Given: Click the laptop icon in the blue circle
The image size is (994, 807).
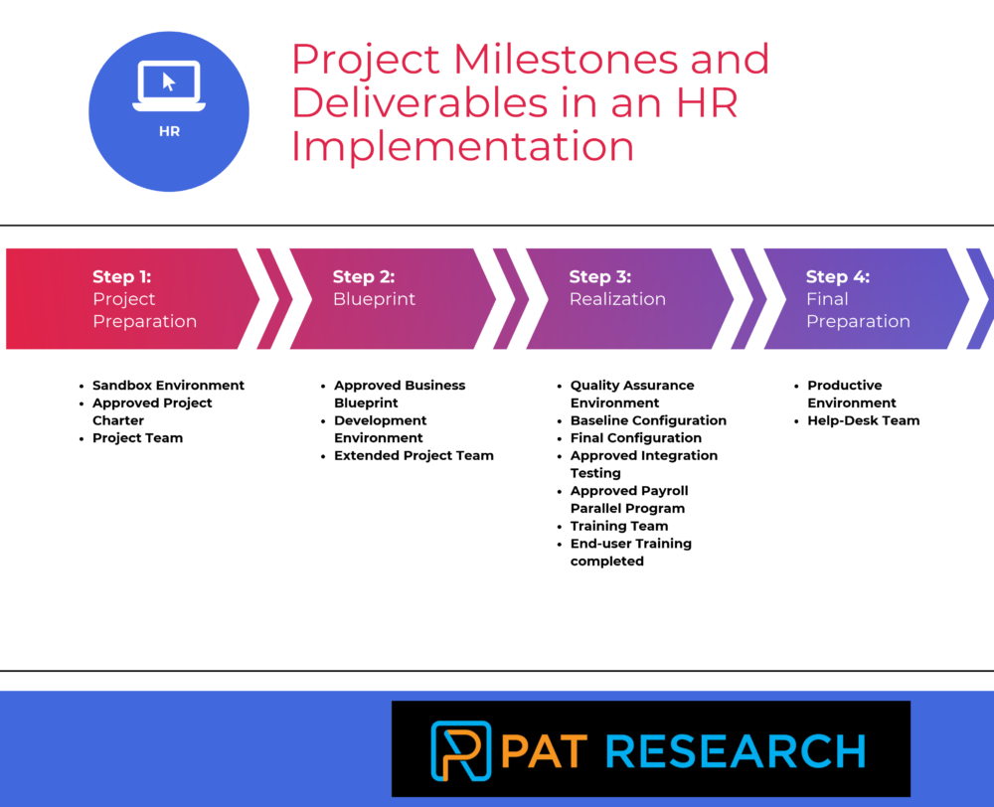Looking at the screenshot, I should click(x=169, y=85).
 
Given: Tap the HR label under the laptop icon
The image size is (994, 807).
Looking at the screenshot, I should click(x=169, y=130).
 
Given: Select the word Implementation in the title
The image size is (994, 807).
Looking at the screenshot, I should click(x=463, y=146).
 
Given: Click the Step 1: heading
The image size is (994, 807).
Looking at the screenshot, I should click(x=121, y=276).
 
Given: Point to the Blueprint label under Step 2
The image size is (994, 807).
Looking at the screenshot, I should click(x=374, y=299).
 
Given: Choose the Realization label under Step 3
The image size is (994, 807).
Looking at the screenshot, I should click(x=617, y=299).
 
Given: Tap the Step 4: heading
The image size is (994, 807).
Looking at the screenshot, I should click(x=837, y=276).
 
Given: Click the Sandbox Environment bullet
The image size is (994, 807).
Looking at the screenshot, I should click(x=168, y=385).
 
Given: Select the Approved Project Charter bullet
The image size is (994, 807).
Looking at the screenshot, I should click(x=152, y=411).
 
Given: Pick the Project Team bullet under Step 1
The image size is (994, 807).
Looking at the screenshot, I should click(x=137, y=437).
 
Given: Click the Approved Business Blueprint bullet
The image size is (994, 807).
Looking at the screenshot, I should click(x=399, y=394).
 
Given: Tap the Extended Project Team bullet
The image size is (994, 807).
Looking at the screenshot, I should click(x=414, y=455).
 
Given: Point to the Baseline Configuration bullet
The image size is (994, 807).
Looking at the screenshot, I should click(x=648, y=420).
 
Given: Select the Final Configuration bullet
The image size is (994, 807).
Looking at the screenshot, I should click(x=635, y=437).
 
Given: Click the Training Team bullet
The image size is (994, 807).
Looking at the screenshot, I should click(x=618, y=526).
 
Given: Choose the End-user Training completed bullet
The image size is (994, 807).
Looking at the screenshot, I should click(x=630, y=552).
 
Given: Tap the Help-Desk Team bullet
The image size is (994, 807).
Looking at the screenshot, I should click(x=863, y=420).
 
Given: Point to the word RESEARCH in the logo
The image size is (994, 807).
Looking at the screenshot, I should click(x=736, y=749).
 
